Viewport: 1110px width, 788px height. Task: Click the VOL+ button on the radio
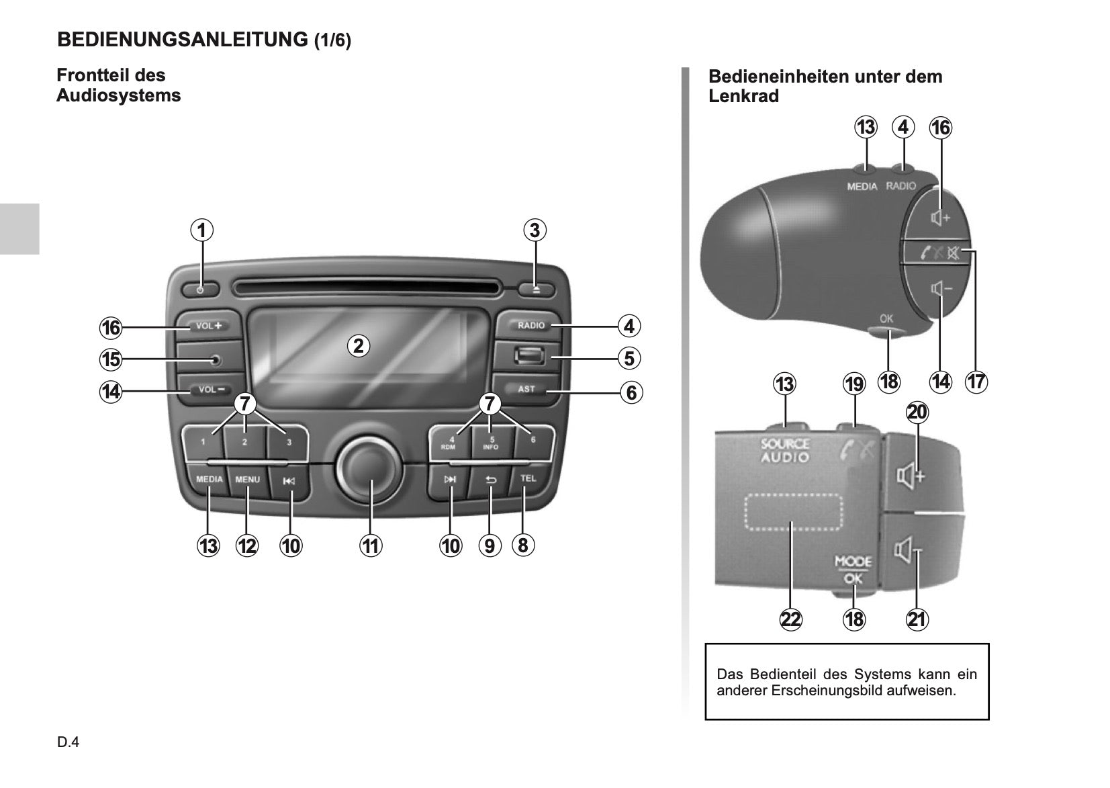click(x=208, y=326)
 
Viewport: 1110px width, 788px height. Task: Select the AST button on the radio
click(x=526, y=390)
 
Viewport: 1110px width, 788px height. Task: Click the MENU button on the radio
click(x=247, y=480)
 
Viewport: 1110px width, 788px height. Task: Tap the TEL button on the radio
click(x=528, y=479)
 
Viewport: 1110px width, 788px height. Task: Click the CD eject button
click(x=535, y=290)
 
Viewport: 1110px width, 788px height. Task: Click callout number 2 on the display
click(x=359, y=346)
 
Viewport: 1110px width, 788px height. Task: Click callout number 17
click(x=976, y=382)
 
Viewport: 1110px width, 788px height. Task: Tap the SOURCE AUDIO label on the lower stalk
click(x=785, y=451)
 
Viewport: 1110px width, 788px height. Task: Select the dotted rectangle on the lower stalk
click(x=793, y=512)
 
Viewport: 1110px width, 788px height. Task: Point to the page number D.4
click(x=68, y=742)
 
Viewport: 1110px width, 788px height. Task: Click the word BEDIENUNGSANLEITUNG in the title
click(x=182, y=40)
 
